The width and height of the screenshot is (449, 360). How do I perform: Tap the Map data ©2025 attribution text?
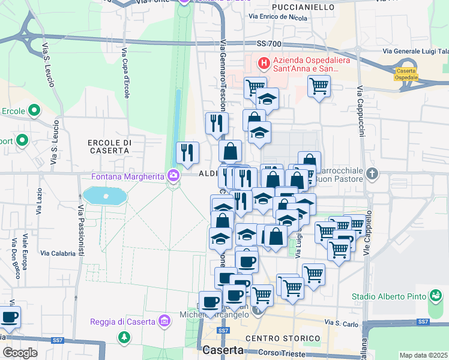click(423, 355)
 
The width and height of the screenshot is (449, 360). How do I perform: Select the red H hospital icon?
click(263, 62)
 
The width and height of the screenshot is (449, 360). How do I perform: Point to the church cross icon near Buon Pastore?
click(372, 175)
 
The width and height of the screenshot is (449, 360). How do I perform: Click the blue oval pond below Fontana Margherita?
click(106, 196)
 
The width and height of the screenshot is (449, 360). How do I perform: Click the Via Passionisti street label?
click(80, 231)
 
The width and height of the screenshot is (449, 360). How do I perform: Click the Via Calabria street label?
click(58, 253)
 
